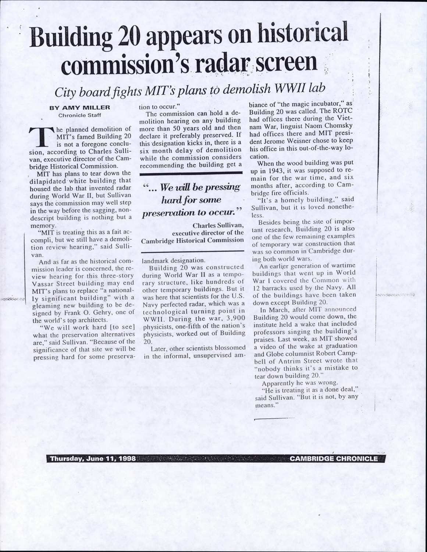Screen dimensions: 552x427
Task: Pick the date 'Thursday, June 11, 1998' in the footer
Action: pos(93,459)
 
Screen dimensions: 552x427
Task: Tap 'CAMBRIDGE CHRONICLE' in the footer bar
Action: pos(333,459)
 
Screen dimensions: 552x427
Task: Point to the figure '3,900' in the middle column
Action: pos(234,318)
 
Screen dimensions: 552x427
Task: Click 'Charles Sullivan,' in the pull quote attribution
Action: pos(218,225)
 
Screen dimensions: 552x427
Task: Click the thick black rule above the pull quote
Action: pos(192,172)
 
